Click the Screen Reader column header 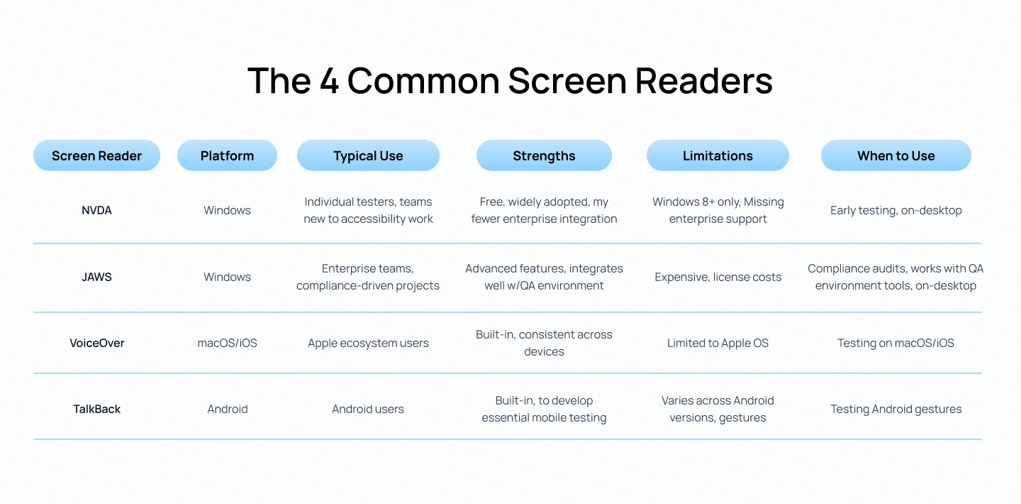point(96,155)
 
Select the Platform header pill point(227,155)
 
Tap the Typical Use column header point(368,155)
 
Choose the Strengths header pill point(544,155)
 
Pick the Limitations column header point(718,155)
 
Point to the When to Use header point(896,155)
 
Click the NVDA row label point(96,210)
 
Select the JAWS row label point(96,277)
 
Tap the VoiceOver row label point(96,343)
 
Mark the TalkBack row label point(96,409)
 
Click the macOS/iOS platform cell point(227,343)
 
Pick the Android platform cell point(227,409)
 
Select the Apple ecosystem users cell point(368,343)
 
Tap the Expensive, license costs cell point(718,277)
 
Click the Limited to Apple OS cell point(718,343)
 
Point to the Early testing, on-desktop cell point(896,210)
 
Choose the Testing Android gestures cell point(896,409)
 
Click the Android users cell point(368,409)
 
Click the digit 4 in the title point(328,81)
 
